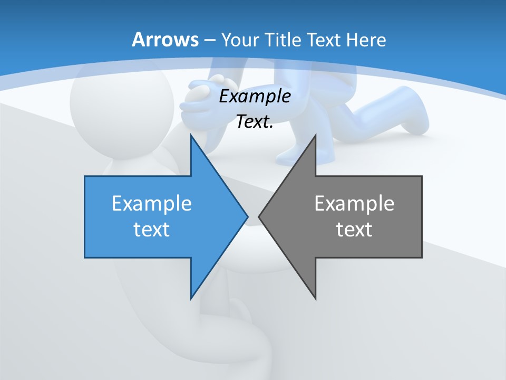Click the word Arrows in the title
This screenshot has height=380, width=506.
165,40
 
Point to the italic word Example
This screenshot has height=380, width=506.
255,97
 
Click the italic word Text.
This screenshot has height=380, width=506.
255,121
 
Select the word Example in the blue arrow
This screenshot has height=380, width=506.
151,203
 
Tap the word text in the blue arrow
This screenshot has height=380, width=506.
151,229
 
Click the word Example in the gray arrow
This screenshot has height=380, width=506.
354,203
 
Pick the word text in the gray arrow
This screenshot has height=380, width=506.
354,229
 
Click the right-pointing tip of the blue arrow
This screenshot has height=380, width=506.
247,216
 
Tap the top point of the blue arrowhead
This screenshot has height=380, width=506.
191,135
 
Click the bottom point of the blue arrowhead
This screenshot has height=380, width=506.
191,298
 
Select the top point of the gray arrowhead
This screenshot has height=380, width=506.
315,135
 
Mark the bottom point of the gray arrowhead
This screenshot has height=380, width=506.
315,298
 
